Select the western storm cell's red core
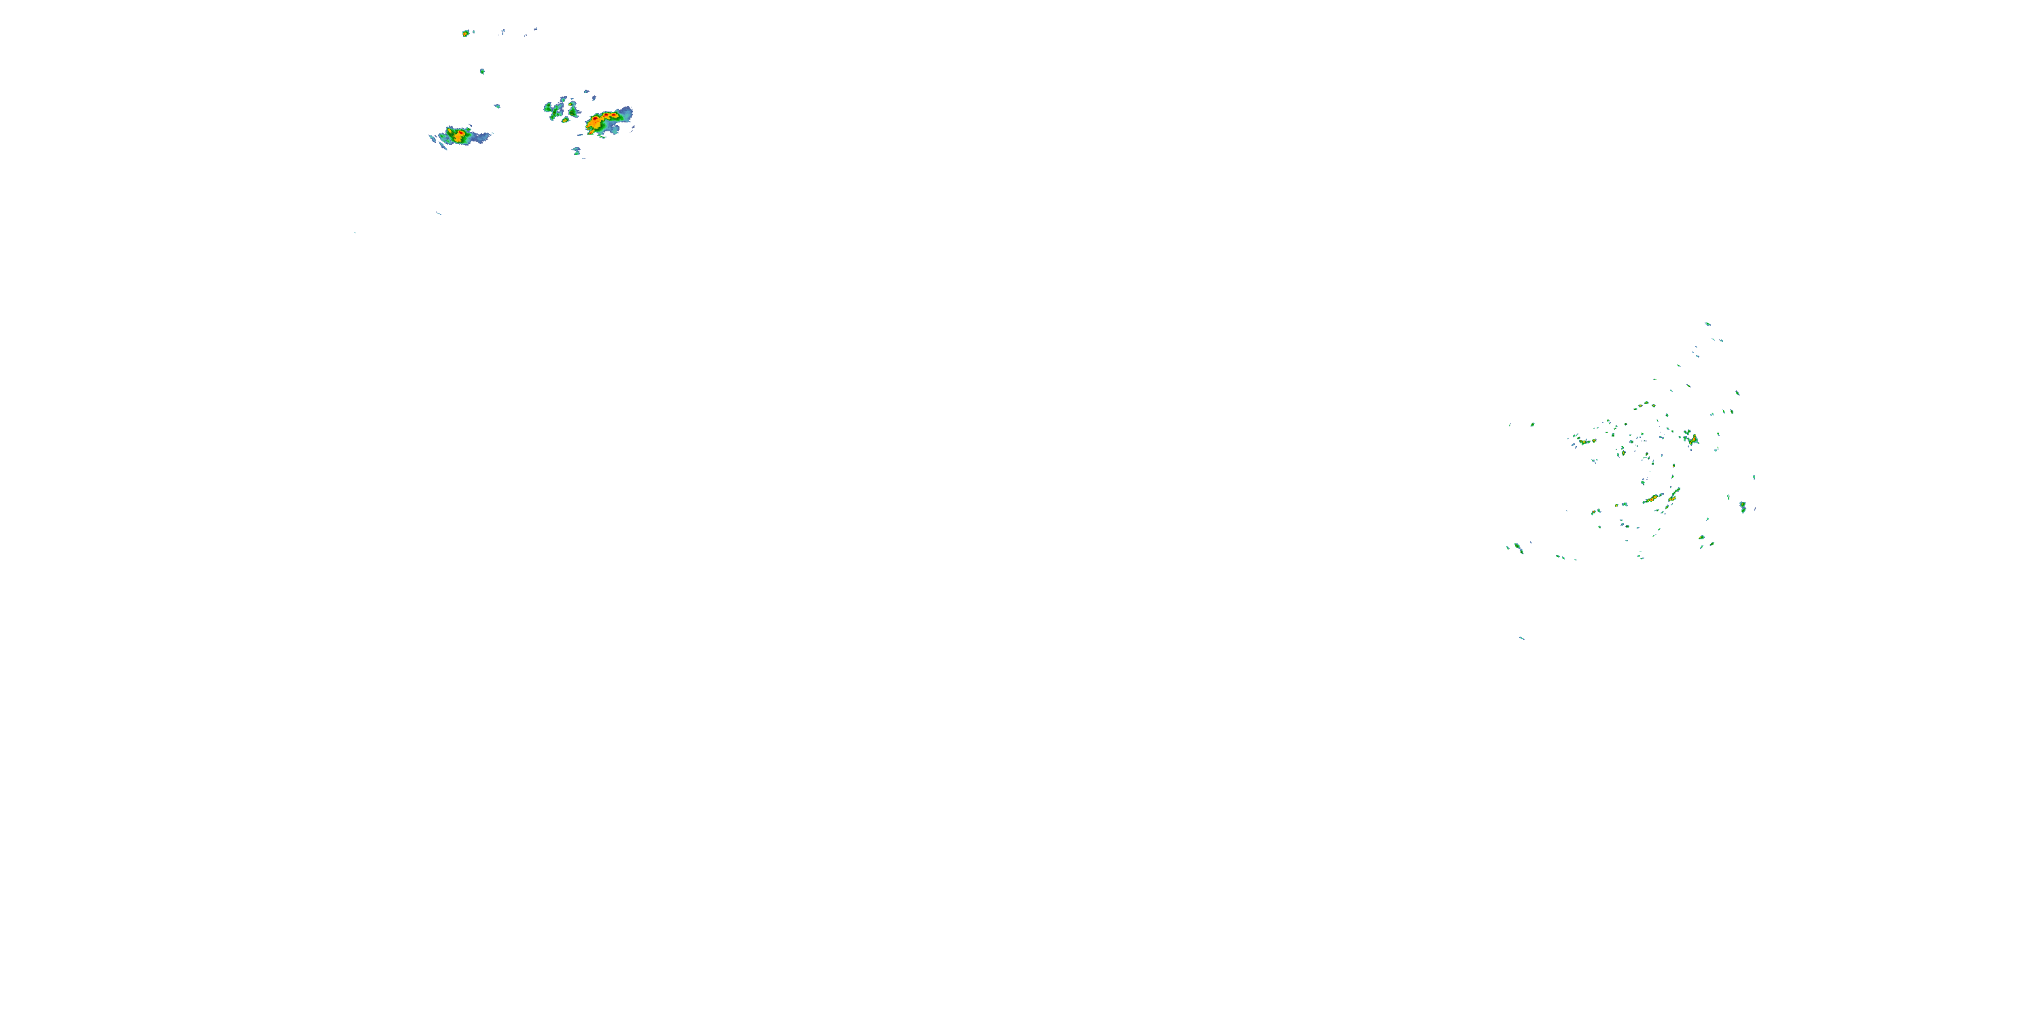[x=457, y=135]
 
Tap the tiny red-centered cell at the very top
[x=466, y=33]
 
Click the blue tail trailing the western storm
[x=480, y=138]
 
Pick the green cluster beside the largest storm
[x=562, y=109]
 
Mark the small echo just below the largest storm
[x=577, y=150]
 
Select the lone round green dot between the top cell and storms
[x=482, y=71]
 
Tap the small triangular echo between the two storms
[x=497, y=106]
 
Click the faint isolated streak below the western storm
[x=439, y=213]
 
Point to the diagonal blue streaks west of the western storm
[x=434, y=139]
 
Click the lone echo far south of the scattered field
[x=1521, y=638]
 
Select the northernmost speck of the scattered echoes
[x=1707, y=324]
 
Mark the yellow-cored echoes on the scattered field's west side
[x=1582, y=441]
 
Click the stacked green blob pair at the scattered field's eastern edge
[x=1742, y=505]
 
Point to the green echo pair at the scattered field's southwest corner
[x=1516, y=547]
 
